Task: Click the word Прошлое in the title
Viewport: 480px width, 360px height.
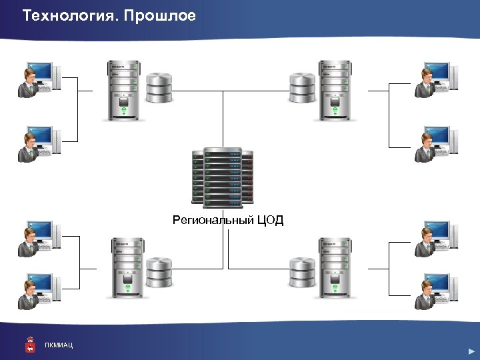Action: pyautogui.click(x=161, y=15)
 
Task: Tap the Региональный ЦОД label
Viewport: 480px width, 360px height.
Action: pyautogui.click(x=228, y=220)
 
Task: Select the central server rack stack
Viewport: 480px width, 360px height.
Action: pyautogui.click(x=223, y=177)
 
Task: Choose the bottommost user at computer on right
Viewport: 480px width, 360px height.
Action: pyautogui.click(x=437, y=290)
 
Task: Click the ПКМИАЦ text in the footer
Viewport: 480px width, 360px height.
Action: pyautogui.click(x=59, y=345)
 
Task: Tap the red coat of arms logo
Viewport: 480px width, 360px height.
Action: pyautogui.click(x=30, y=343)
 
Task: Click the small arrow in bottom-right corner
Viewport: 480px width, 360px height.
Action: pyautogui.click(x=471, y=351)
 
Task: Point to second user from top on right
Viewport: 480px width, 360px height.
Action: pyautogui.click(x=437, y=143)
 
